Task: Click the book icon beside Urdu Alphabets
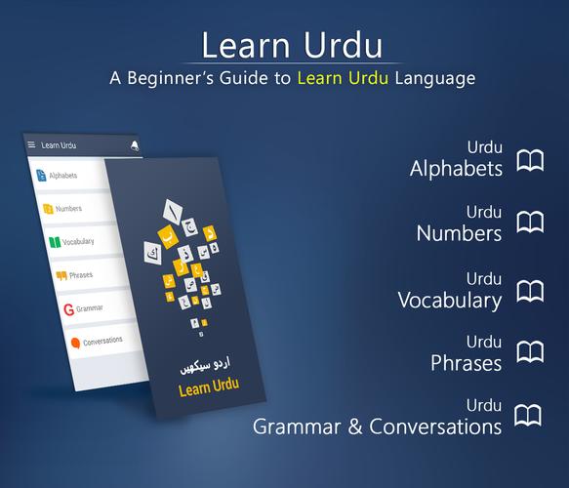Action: tap(530, 161)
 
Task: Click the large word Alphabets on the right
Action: tap(456, 168)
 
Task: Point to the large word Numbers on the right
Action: tap(459, 232)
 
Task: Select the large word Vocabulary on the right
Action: tap(450, 299)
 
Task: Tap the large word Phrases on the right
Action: tap(466, 362)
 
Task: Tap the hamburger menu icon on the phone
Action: tap(31, 144)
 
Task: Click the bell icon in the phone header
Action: tap(134, 145)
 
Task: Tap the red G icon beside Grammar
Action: tap(68, 309)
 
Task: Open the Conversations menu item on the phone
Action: tap(97, 342)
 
